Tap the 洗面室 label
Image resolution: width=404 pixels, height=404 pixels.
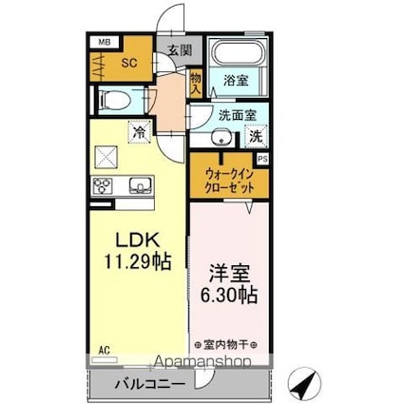237,114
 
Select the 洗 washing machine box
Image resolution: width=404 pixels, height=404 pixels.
255,136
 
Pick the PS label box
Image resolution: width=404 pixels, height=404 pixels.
262,160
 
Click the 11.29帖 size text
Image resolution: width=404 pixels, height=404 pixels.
137,260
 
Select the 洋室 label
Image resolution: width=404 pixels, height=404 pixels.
229,270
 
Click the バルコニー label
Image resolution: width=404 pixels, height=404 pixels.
144,385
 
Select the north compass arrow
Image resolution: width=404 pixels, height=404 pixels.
304,385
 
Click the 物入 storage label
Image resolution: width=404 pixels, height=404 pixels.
196,83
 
